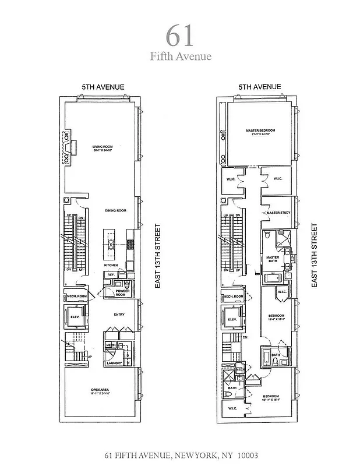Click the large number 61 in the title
point(179,36)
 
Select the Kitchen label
point(111,265)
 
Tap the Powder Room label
point(122,292)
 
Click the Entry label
point(119,315)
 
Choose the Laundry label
point(113,363)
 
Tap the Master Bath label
point(273,259)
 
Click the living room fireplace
point(69,147)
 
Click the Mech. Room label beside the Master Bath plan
point(233,296)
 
